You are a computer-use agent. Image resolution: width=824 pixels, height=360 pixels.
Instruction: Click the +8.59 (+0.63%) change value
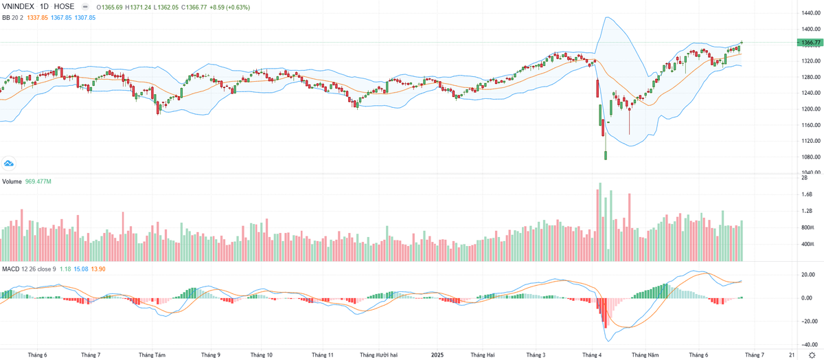point(231,7)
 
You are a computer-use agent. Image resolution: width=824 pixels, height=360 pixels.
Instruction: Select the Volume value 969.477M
point(39,181)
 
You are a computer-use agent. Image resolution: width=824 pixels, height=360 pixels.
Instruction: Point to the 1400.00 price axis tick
point(808,29)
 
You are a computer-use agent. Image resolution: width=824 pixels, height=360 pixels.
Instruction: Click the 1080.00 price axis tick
point(808,157)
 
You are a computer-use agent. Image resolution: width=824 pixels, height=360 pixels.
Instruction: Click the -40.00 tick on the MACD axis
point(808,345)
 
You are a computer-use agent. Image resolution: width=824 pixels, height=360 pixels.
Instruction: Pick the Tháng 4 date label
point(592,355)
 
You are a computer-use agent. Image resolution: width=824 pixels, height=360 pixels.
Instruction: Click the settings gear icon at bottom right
point(812,355)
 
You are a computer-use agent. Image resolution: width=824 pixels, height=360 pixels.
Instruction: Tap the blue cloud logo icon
point(9,163)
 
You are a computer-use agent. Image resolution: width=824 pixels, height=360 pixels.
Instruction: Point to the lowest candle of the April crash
point(606,155)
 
